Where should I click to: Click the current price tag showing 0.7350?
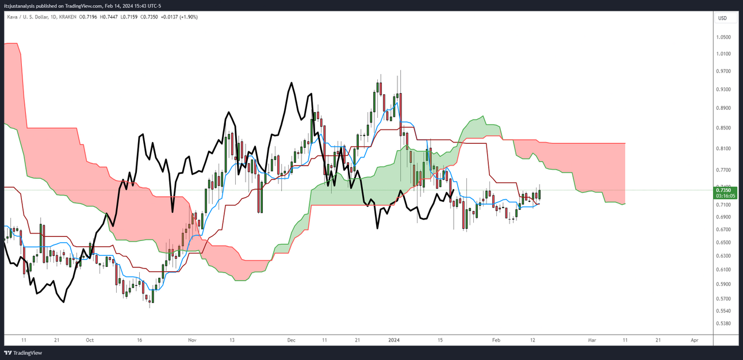click(725, 190)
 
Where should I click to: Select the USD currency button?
click(722, 18)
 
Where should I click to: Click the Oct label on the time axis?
click(89, 340)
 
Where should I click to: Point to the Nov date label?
click(192, 340)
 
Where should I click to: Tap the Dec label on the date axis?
click(291, 340)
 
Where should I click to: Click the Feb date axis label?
click(496, 340)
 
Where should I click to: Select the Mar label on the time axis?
click(592, 340)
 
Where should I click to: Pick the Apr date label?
click(694, 340)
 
